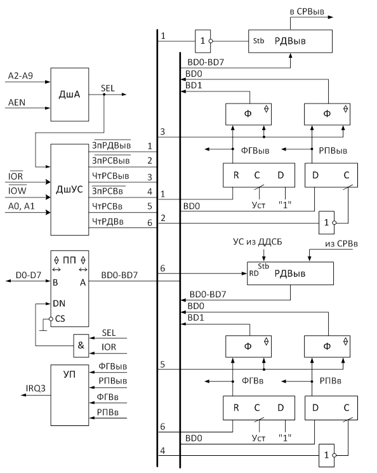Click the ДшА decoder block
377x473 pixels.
pyautogui.click(x=70, y=95)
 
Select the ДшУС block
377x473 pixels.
pyautogui.click(x=70, y=189)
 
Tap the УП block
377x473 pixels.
pyautogui.click(x=70, y=395)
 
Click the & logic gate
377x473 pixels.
pyautogui.click(x=81, y=345)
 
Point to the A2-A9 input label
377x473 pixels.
pyautogui.click(x=20, y=76)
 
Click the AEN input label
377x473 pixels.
pyautogui.click(x=17, y=103)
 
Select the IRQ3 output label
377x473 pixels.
pyautogui.click(x=36, y=388)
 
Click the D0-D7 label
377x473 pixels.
pyautogui.click(x=29, y=275)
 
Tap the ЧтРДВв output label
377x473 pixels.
pyautogui.click(x=108, y=222)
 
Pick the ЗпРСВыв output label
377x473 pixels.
pyautogui.click(x=110, y=161)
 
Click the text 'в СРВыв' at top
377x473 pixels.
pyautogui.click(x=307, y=11)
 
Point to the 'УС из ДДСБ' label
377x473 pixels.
pyautogui.click(x=258, y=242)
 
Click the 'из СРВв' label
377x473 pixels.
pyautogui.click(x=341, y=244)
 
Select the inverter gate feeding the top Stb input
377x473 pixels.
pyautogui.click(x=202, y=41)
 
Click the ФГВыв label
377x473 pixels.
pyautogui.click(x=255, y=150)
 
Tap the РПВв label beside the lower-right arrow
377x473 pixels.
pyautogui.click(x=331, y=381)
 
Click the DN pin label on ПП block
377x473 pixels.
pyautogui.click(x=59, y=303)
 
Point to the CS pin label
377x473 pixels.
pyautogui.click(x=60, y=319)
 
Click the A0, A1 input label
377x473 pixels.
pyautogui.click(x=21, y=206)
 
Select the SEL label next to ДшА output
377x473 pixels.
pyautogui.click(x=108, y=88)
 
